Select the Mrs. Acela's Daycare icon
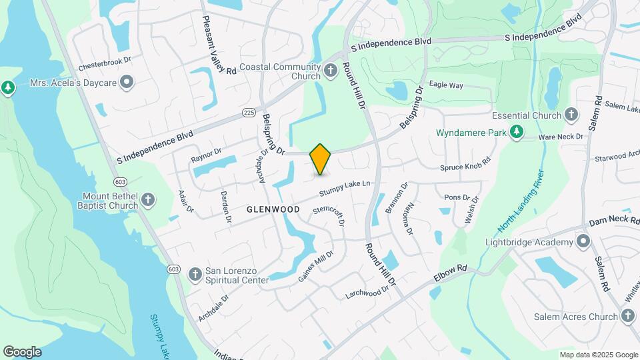127,83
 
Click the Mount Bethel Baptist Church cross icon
148,199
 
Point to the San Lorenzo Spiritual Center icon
195,274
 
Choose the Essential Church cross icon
570,115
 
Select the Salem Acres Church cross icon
628,317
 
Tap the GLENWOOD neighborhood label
273,209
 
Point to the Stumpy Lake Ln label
344,189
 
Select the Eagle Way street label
446,85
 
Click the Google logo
22,351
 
